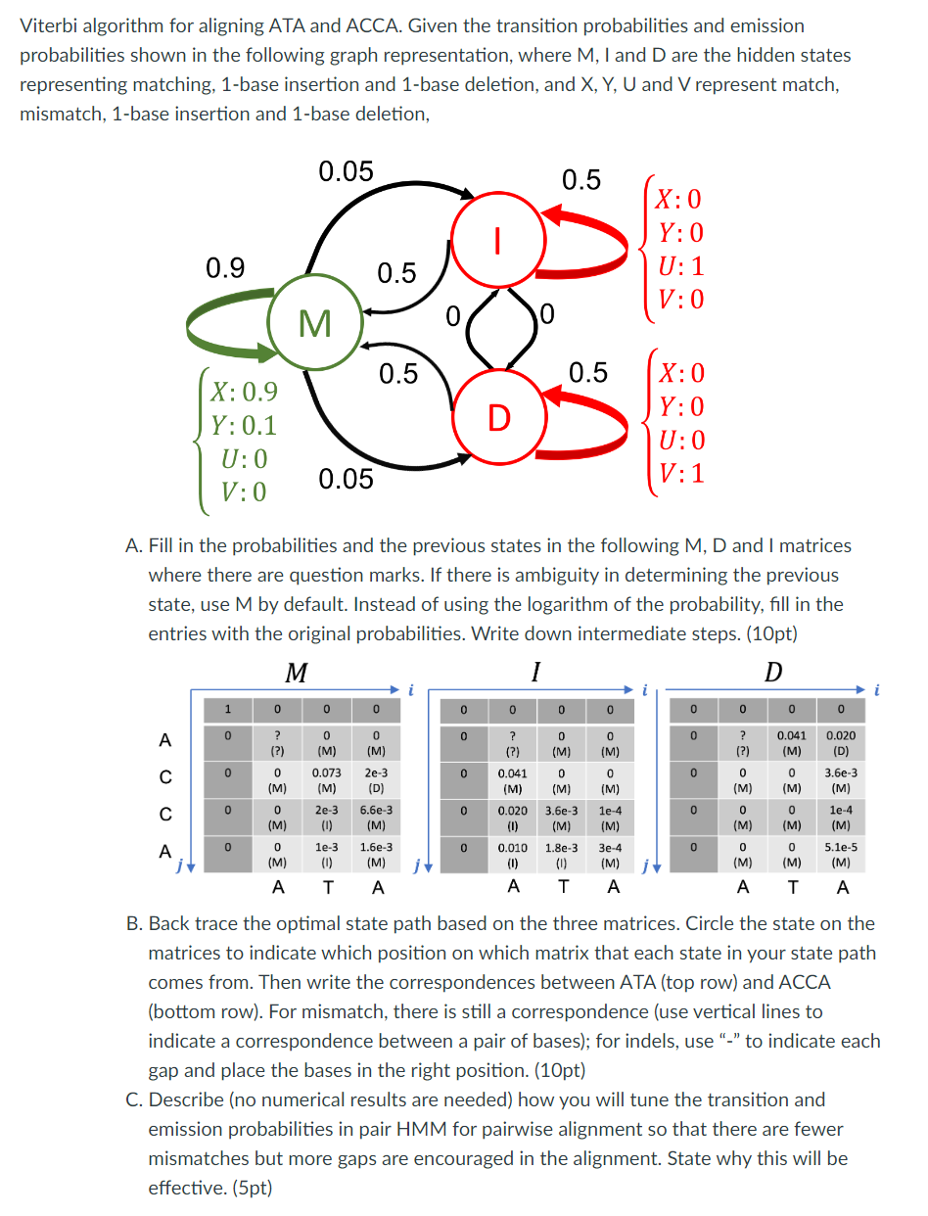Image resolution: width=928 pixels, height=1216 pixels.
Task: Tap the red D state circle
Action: coord(498,419)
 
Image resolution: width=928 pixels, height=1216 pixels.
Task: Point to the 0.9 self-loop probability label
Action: coord(225,267)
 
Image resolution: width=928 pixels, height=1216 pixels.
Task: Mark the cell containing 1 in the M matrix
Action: coord(226,707)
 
